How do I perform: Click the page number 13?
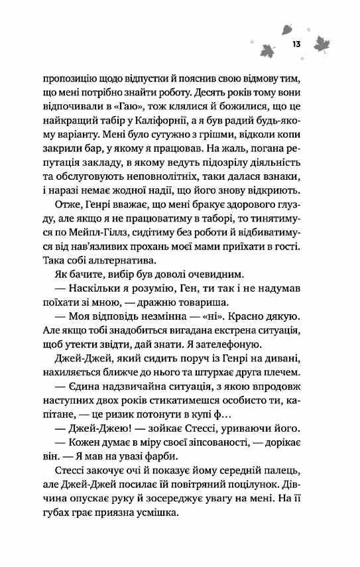point(296,44)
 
